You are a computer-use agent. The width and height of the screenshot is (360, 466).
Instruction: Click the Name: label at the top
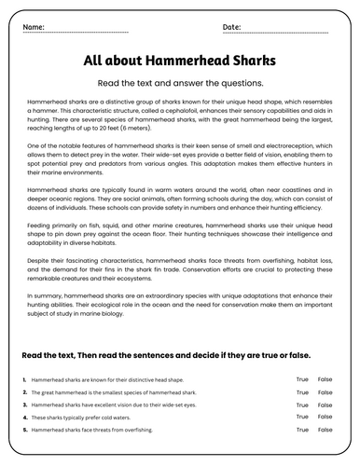33,27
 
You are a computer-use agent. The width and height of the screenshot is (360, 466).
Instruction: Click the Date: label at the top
232,27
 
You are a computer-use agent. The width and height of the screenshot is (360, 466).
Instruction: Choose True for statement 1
302,380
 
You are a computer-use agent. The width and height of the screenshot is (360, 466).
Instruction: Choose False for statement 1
325,380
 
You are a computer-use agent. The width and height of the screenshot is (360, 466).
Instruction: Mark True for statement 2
302,393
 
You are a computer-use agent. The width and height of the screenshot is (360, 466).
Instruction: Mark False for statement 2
325,393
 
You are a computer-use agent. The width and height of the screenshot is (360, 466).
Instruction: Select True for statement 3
302,406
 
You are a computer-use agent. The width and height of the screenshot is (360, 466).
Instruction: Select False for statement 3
325,406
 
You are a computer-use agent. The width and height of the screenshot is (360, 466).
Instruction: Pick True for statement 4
302,418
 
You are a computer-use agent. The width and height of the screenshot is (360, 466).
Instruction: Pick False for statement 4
325,418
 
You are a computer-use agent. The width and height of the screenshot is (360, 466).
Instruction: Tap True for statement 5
302,432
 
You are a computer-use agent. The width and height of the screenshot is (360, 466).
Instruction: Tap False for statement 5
325,432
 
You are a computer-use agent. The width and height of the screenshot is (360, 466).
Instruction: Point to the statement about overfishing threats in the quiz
94,432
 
